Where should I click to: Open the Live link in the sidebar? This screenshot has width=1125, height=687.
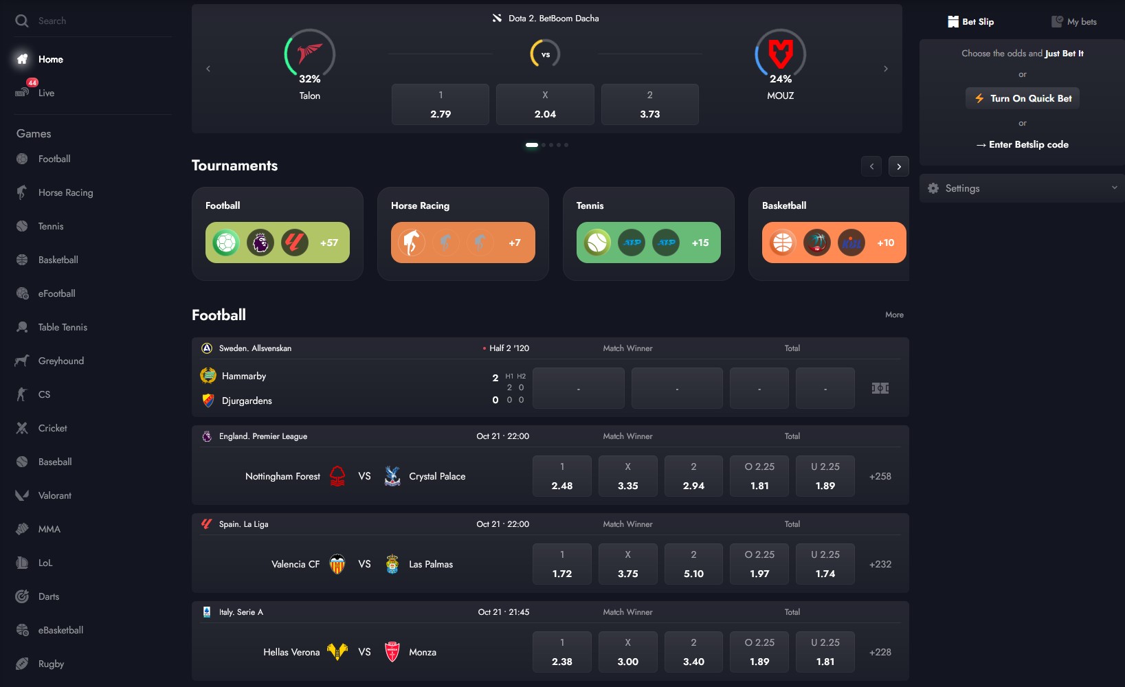(46, 93)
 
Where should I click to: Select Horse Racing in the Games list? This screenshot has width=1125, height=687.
(65, 192)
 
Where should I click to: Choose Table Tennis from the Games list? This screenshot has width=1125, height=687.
(63, 327)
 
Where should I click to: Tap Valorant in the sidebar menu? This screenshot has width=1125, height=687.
(54, 495)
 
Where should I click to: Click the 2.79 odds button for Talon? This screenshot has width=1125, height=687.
(441, 104)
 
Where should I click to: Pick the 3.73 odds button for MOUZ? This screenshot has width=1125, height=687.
(649, 104)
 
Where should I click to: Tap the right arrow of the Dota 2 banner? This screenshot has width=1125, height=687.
(885, 69)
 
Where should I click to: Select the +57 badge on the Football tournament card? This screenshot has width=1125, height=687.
(329, 243)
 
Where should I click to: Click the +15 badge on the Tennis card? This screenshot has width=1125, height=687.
(700, 243)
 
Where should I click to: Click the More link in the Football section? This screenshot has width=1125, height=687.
(894, 315)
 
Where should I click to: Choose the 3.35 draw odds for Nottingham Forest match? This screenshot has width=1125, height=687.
(627, 476)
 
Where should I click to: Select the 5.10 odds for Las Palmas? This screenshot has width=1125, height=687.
(693, 564)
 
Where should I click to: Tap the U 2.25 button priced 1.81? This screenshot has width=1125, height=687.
(825, 652)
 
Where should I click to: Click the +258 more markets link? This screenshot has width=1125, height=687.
(880, 476)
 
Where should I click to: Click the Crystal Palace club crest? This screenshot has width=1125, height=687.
(392, 476)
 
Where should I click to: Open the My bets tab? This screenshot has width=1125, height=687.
(1074, 22)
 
